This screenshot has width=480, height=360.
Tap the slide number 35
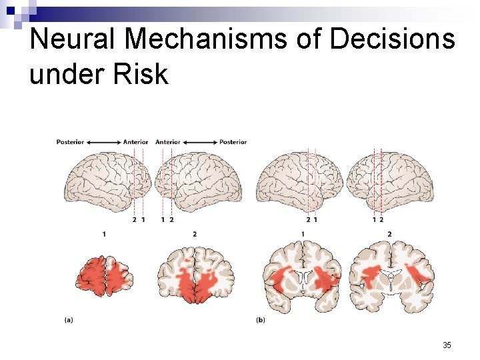447,345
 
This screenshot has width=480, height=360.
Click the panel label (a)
69,320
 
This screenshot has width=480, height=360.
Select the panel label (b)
261,320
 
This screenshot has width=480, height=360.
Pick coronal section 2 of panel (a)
195,275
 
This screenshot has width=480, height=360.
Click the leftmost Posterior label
70,141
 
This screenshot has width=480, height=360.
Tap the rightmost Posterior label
233,141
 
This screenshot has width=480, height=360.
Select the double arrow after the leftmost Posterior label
103,141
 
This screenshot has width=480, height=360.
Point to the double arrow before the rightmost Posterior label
200,141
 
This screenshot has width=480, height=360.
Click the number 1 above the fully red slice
105,234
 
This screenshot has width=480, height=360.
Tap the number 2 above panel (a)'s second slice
194,234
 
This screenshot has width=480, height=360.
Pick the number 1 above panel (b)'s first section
303,234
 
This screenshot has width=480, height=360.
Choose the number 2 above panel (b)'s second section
389,234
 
